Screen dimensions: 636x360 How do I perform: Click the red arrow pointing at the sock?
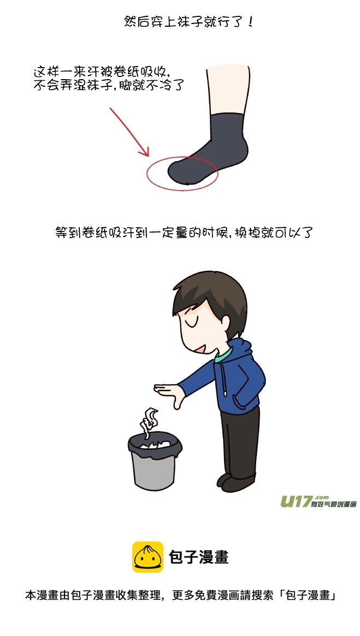[129, 132]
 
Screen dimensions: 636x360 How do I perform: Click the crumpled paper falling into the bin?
[149, 420]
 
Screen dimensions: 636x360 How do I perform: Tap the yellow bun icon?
[147, 556]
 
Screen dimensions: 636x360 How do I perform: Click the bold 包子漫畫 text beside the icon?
[198, 556]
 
